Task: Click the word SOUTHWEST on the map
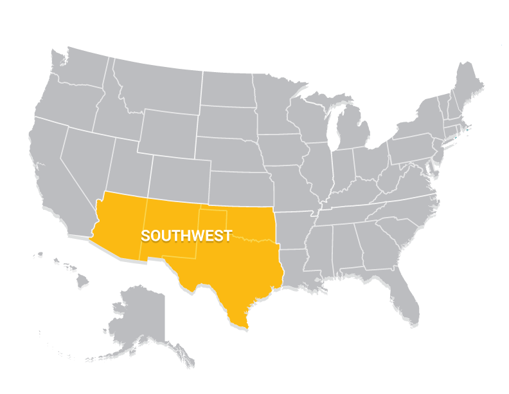(x=186, y=236)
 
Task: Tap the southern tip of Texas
(x=244, y=325)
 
